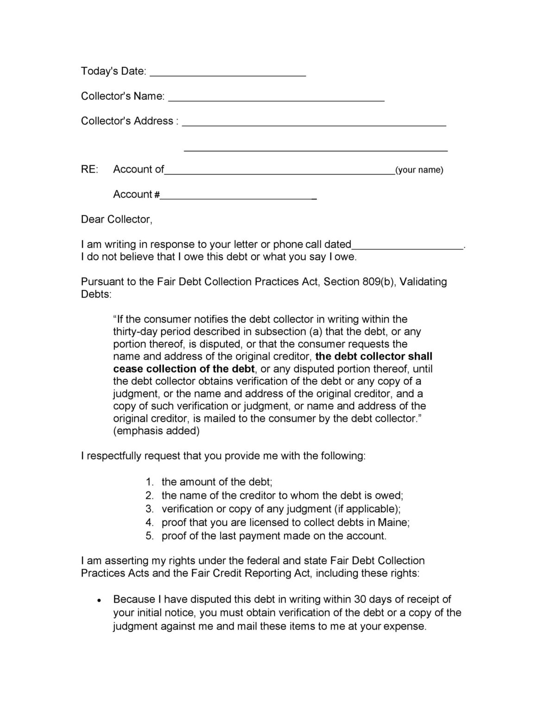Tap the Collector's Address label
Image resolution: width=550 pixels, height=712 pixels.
[127, 121]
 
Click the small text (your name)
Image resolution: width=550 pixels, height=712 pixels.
[419, 170]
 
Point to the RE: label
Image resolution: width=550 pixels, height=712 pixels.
[89, 169]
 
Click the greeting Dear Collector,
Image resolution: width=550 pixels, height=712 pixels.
[116, 219]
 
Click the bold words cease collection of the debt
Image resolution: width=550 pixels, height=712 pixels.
[184, 369]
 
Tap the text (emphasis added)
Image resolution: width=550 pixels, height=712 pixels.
[156, 431]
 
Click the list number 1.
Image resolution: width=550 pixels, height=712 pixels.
[149, 482]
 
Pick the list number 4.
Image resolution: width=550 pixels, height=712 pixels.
[149, 522]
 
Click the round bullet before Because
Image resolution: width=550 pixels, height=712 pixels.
[99, 600]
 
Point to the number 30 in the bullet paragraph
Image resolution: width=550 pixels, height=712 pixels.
[360, 599]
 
